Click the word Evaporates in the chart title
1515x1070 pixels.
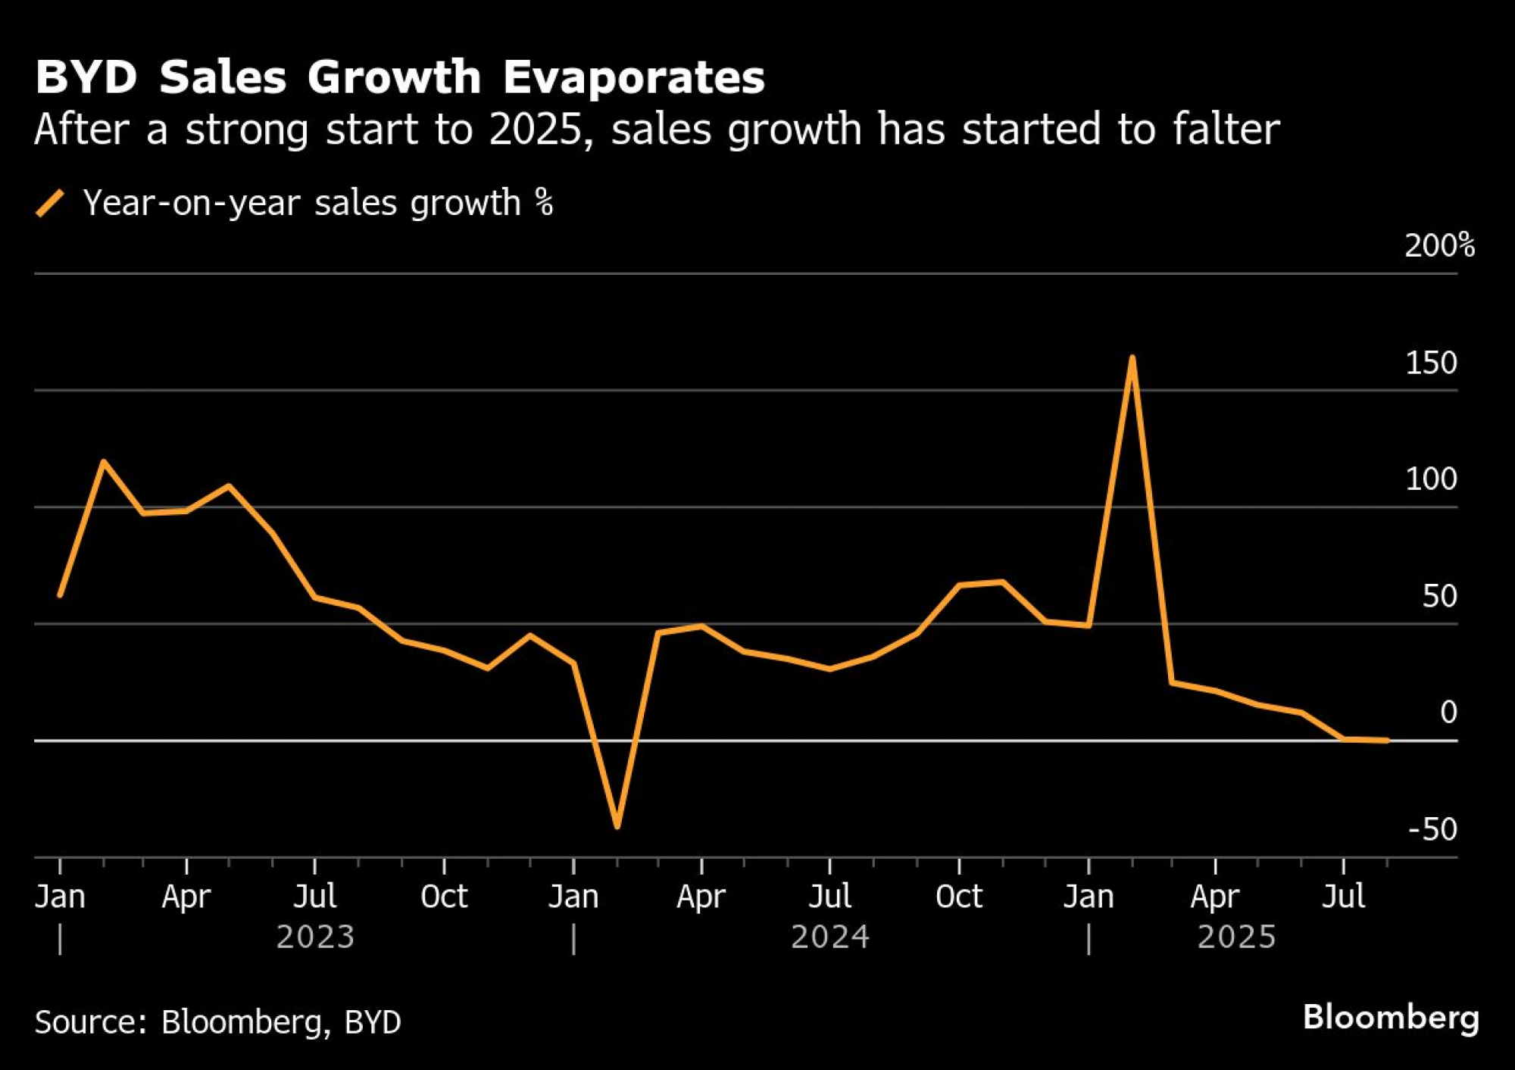(634, 77)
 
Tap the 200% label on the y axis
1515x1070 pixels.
(1439, 246)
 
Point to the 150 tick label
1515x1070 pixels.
(1431, 363)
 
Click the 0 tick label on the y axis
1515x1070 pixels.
(1448, 713)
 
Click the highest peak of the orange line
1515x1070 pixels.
(1132, 357)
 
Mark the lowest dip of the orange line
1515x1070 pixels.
(617, 825)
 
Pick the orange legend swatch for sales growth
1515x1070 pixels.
(50, 204)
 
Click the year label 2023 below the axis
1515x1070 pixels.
(315, 937)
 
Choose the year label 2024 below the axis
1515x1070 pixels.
(830, 937)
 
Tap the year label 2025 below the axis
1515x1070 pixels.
(1236, 937)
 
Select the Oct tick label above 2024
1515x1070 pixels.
(958, 897)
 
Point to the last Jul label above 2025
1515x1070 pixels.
(1344, 897)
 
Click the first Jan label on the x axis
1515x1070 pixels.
(60, 897)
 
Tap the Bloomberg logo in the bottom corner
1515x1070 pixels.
(1391, 1017)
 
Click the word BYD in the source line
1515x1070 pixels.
(373, 1022)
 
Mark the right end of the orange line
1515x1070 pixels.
(1387, 741)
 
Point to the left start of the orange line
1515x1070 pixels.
(60, 595)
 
